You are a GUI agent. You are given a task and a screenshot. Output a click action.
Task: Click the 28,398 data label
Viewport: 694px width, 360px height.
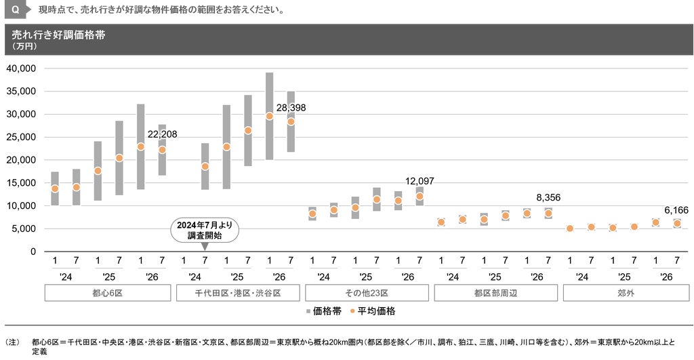click(291, 108)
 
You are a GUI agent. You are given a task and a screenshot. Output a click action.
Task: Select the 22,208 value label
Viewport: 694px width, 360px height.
click(162, 135)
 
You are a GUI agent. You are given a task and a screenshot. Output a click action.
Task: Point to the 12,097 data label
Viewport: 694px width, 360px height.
click(420, 181)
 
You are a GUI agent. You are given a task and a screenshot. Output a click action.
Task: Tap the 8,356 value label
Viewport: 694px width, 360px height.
click(548, 197)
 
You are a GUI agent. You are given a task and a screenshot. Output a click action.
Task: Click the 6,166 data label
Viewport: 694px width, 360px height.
click(676, 210)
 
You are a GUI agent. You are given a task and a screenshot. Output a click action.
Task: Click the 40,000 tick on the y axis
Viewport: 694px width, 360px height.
click(21, 68)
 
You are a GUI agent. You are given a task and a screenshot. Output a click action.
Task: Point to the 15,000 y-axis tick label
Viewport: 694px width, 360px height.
click(21, 183)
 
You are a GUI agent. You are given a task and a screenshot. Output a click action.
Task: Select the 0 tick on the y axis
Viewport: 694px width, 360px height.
click(33, 252)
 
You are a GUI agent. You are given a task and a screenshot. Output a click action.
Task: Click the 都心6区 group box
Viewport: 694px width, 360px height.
click(108, 293)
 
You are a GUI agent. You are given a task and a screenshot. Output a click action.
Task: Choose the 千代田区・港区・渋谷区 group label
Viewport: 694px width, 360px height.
click(238, 293)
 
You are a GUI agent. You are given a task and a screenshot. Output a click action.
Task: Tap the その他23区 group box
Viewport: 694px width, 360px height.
click(367, 293)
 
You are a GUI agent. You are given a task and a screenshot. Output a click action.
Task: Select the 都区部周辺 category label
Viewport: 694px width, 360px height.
click(495, 293)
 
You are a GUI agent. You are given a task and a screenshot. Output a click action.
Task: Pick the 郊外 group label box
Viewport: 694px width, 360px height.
click(626, 293)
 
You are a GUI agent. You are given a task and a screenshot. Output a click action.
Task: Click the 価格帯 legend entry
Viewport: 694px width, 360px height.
click(323, 311)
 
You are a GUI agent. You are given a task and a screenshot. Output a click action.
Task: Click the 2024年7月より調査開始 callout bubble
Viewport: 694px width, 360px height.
click(205, 231)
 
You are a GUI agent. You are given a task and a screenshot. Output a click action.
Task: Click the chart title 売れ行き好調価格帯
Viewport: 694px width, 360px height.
click(58, 35)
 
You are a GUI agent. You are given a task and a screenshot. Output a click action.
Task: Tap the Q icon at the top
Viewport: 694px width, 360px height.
click(16, 9)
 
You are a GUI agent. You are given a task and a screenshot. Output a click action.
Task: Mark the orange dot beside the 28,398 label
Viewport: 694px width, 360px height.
click(291, 121)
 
